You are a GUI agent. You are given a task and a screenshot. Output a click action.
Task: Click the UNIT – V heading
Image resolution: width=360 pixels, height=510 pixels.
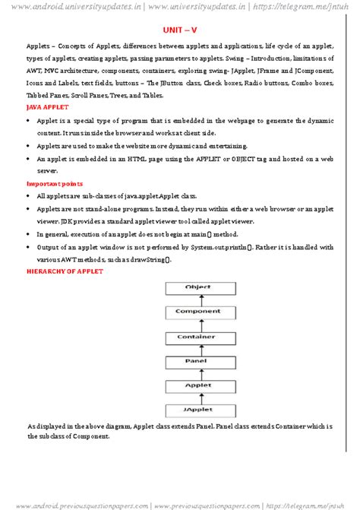(x=180, y=31)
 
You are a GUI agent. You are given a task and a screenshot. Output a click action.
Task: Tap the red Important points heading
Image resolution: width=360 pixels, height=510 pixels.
(x=55, y=184)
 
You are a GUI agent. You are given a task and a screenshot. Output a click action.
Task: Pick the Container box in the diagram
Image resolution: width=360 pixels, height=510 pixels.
(x=197, y=337)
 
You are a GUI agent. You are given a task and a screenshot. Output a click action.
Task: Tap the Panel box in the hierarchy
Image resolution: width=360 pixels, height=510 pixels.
(x=197, y=361)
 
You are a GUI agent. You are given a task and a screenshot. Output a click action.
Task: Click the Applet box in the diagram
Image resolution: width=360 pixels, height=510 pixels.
(x=197, y=386)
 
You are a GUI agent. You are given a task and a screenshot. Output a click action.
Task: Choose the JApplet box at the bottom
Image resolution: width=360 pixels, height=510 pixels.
(x=197, y=410)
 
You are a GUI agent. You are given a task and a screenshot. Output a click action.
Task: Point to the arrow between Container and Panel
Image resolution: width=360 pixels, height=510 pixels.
(x=197, y=349)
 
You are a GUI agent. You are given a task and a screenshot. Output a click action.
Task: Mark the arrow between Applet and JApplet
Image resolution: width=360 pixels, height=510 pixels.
(x=197, y=398)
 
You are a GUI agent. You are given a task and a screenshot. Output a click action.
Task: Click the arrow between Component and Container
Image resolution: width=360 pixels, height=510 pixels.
(x=197, y=324)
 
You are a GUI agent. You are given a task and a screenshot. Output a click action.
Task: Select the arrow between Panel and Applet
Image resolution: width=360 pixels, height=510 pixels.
(x=197, y=373)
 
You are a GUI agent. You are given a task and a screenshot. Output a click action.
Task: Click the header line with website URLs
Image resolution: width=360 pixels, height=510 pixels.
(x=180, y=8)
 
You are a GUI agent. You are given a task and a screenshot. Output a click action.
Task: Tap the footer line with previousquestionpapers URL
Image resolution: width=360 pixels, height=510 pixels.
(x=180, y=504)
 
